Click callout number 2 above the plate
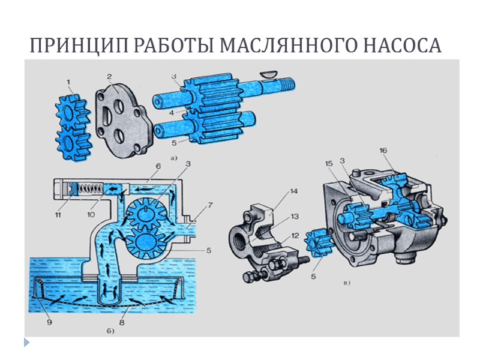coord(110,76)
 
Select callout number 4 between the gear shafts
coord(172,112)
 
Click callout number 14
coord(293,192)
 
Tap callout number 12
coord(293,235)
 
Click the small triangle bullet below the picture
coord(26,343)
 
